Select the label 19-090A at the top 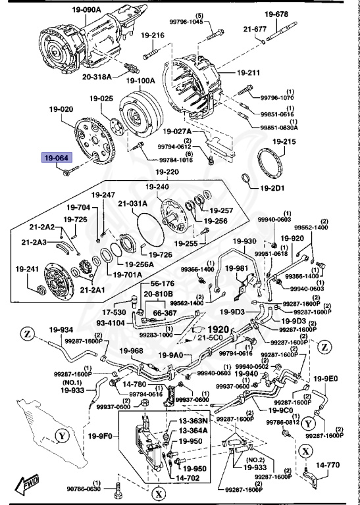pyautogui.click(x=84, y=10)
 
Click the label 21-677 pyautogui.click(x=255, y=29)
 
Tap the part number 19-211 pyautogui.click(x=249, y=72)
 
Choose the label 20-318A pyautogui.click(x=99, y=76)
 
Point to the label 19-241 pyautogui.click(x=28, y=269)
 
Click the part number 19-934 pyautogui.click(x=39, y=330)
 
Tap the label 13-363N pyautogui.click(x=193, y=421)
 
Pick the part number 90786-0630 pyautogui.click(x=83, y=489)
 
